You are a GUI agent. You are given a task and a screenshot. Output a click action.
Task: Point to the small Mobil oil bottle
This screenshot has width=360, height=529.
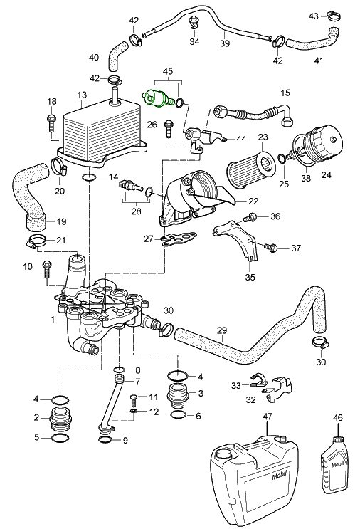click(x=334, y=463)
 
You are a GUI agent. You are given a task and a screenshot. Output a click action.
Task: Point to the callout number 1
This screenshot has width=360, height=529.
click(x=33, y=320)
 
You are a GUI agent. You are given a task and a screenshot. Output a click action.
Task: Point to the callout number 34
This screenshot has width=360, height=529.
click(x=194, y=42)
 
